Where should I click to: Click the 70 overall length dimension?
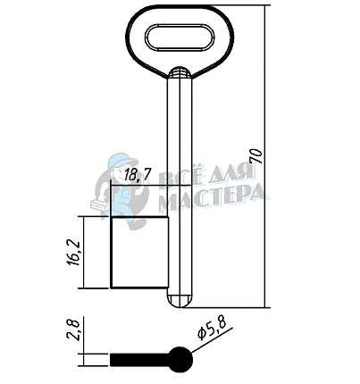256,156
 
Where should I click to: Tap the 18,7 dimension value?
138,174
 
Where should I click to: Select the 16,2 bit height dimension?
73,253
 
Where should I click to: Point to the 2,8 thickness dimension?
73,330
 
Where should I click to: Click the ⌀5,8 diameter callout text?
212,328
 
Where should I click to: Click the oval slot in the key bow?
180,37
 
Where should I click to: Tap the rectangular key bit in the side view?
139,253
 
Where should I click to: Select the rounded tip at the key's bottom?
180,301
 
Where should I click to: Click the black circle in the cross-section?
180,360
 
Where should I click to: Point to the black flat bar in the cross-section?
139,360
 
